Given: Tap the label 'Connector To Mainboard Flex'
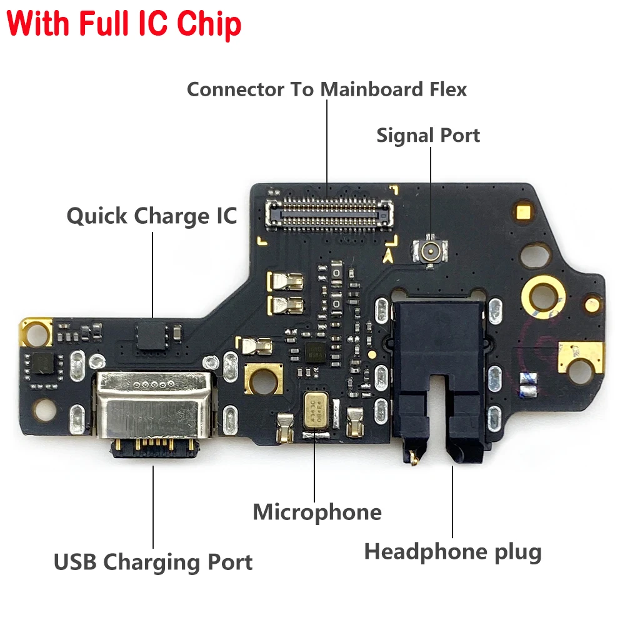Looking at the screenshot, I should [x=326, y=89].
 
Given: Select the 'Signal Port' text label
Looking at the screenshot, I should [x=428, y=135].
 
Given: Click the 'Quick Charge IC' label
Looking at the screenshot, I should [x=152, y=216].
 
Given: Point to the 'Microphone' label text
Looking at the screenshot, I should [x=317, y=512].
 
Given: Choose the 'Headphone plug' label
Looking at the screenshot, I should [x=452, y=552].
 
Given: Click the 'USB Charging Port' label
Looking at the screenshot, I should [x=153, y=562].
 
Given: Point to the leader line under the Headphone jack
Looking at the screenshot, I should [x=452, y=500].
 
